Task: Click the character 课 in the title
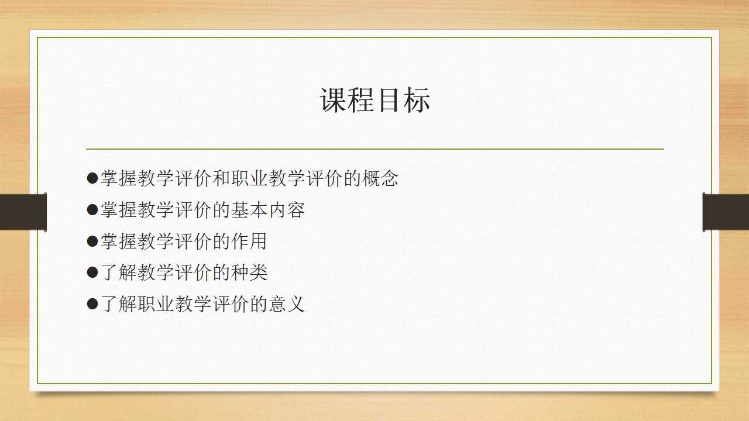(334, 100)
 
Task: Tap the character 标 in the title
(417, 100)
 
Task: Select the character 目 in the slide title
(389, 100)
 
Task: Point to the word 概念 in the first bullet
(380, 178)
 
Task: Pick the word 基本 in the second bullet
(249, 210)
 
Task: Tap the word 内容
(287, 210)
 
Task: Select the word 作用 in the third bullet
(249, 241)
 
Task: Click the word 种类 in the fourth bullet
(249, 272)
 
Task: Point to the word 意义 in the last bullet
(287, 304)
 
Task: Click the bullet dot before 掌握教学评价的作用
(92, 241)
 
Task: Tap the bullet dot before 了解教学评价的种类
(92, 272)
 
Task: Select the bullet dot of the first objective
(92, 178)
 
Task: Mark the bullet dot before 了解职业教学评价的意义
(92, 304)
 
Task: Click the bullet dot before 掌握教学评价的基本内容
(92, 210)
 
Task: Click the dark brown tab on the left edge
(23, 212)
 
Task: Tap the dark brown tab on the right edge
(726, 212)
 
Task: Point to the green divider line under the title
(375, 149)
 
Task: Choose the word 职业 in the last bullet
(156, 304)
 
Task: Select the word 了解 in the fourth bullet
(118, 272)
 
